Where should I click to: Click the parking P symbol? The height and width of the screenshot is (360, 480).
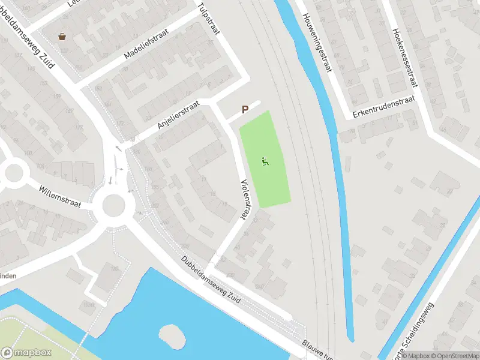click(245, 110)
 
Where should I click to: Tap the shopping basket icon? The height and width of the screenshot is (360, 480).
click(62, 37)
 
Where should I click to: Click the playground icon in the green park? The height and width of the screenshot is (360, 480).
click(265, 161)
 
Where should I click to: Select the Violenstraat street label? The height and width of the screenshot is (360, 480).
click(245, 197)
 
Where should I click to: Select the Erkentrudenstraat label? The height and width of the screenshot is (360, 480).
click(384, 107)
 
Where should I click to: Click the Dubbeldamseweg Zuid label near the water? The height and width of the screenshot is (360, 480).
click(210, 281)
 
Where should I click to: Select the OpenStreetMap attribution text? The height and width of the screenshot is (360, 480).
click(452, 356)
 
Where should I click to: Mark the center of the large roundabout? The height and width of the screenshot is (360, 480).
click(113, 205)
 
